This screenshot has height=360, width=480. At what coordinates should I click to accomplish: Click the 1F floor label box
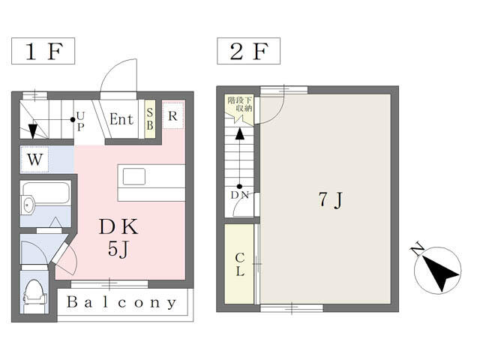point(43,51)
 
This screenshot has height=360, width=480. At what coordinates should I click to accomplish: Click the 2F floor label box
point(248,51)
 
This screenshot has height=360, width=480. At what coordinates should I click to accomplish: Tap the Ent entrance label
point(121,119)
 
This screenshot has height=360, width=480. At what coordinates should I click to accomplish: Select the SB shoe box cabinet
point(150,118)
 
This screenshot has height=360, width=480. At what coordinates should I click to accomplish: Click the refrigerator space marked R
point(173,115)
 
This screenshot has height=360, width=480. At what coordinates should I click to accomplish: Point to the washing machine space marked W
point(34,159)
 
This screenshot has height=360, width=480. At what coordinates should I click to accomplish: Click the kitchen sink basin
point(134,177)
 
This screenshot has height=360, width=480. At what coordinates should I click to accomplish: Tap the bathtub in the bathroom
point(46,193)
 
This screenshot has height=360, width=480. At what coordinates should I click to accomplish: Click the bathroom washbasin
point(28,204)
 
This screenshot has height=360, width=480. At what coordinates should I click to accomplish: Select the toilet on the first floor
point(34,296)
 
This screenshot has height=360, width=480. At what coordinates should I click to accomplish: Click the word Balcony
point(121,302)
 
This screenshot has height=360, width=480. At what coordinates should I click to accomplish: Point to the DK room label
point(118,226)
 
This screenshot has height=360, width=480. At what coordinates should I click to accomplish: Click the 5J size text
point(118,248)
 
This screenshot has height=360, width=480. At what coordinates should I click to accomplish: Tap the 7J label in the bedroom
point(330,199)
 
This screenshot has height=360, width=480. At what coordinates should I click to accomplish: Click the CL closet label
point(240,265)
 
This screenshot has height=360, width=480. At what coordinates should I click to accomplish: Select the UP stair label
point(80,121)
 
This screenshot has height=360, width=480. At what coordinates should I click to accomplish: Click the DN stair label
point(240,195)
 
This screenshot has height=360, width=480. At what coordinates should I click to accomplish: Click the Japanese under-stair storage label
point(240,103)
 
